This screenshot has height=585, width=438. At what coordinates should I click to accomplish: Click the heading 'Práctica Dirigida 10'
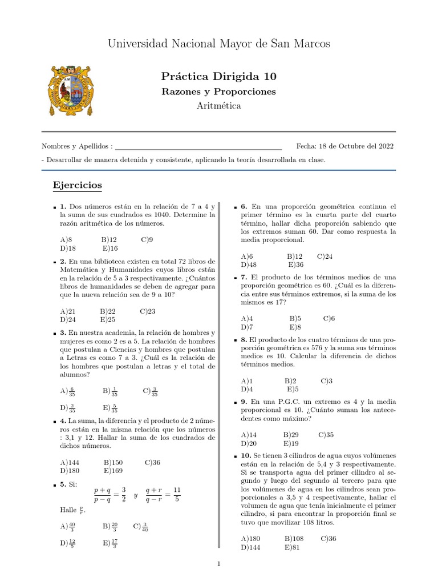[218, 76]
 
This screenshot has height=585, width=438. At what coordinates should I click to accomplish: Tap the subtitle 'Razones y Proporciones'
[218, 91]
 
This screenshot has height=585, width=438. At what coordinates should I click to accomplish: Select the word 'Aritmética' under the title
[218, 106]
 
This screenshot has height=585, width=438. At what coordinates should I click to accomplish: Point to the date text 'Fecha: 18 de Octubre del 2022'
[344, 146]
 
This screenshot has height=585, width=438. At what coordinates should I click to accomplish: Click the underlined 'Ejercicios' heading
[77, 185]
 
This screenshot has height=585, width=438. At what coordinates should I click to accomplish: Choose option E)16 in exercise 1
[110, 249]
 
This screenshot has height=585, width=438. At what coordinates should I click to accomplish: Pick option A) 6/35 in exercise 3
[67, 391]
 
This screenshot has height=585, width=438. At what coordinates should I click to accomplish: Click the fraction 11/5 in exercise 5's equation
[176, 495]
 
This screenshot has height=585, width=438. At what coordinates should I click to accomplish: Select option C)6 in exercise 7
[328, 318]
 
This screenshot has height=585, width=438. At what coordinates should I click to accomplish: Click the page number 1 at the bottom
[218, 564]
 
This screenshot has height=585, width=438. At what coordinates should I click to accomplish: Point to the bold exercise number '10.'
[246, 455]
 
